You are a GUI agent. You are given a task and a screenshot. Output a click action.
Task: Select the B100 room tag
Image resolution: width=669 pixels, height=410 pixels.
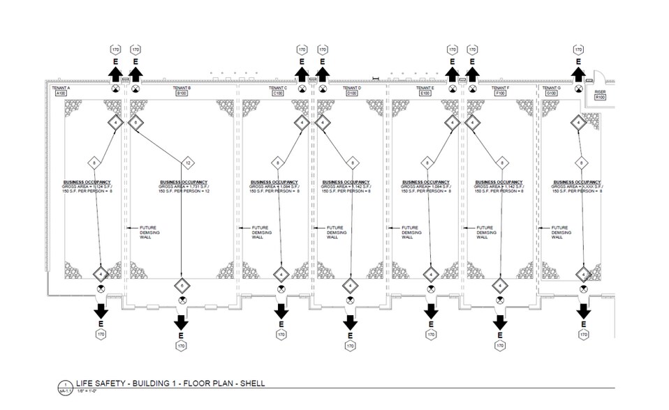pyautogui.click(x=182, y=93)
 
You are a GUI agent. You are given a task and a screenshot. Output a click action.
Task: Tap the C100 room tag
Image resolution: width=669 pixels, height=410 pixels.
pyautogui.click(x=278, y=93)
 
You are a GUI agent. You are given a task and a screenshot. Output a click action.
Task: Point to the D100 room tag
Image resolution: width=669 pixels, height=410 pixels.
pyautogui.click(x=352, y=93)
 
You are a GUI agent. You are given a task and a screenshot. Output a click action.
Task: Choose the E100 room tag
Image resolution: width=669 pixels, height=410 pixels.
pyautogui.click(x=423, y=93)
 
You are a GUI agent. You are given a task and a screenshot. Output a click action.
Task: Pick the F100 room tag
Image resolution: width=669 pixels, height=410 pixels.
pyautogui.click(x=500, y=93)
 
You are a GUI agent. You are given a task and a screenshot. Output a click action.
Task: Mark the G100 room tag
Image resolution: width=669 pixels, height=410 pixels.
pyautogui.click(x=552, y=93)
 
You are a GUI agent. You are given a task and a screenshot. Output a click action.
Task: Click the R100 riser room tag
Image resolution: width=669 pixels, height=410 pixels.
pyautogui.click(x=599, y=98)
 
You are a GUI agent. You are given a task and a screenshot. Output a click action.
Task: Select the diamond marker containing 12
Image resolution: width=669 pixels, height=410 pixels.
pyautogui.click(x=187, y=163)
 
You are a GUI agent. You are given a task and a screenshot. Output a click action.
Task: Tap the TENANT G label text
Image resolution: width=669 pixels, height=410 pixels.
pyautogui.click(x=551, y=88)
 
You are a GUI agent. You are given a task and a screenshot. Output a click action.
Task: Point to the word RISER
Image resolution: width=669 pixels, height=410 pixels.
pyautogui.click(x=599, y=91)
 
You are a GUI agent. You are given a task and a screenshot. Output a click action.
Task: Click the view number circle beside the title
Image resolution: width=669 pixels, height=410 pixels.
pyautogui.click(x=65, y=385)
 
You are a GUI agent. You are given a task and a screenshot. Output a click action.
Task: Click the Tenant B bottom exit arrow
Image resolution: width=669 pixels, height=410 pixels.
pyautogui.click(x=182, y=321)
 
